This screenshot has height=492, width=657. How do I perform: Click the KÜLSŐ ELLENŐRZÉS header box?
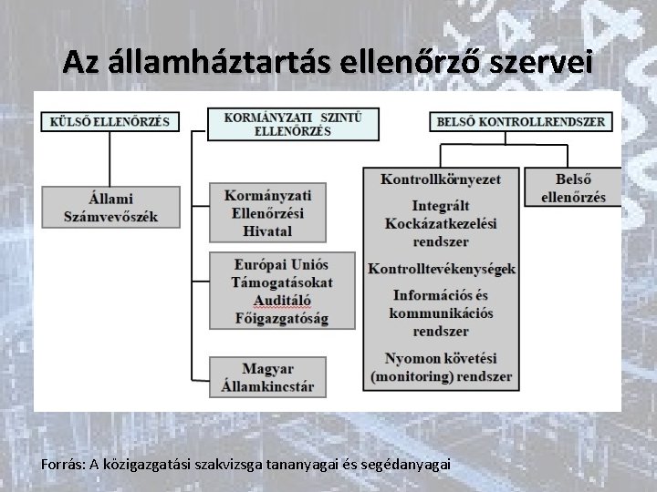(x=110, y=122)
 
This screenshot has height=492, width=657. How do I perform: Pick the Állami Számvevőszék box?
(x=110, y=207)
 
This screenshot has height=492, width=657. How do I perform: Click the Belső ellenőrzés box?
(x=573, y=189)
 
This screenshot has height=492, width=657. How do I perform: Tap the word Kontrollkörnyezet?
(x=441, y=179)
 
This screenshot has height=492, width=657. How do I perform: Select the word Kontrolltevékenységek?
(x=442, y=269)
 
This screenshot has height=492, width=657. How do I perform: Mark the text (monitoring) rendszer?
(x=442, y=375)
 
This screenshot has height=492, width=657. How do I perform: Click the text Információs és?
(x=442, y=295)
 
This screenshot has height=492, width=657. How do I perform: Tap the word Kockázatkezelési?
(x=442, y=223)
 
